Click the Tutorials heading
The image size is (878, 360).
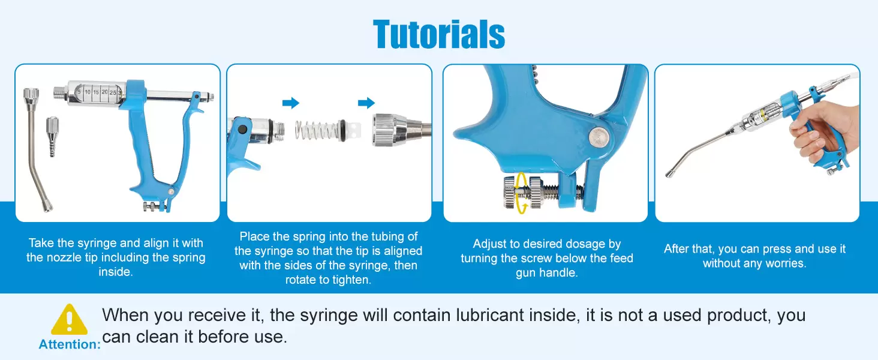(439, 35)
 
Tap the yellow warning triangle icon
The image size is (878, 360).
(69, 319)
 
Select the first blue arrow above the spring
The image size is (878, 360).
(291, 103)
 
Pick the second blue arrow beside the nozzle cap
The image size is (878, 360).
(366, 103)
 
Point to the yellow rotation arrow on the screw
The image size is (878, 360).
(522, 193)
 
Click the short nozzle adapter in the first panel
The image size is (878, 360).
(52, 136)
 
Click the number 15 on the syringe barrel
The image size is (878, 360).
(96, 92)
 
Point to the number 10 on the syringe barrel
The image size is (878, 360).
(88, 92)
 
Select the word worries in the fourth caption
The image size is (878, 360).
(785, 263)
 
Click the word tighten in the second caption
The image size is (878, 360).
(350, 280)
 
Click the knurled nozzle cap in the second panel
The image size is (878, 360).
(392, 130)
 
